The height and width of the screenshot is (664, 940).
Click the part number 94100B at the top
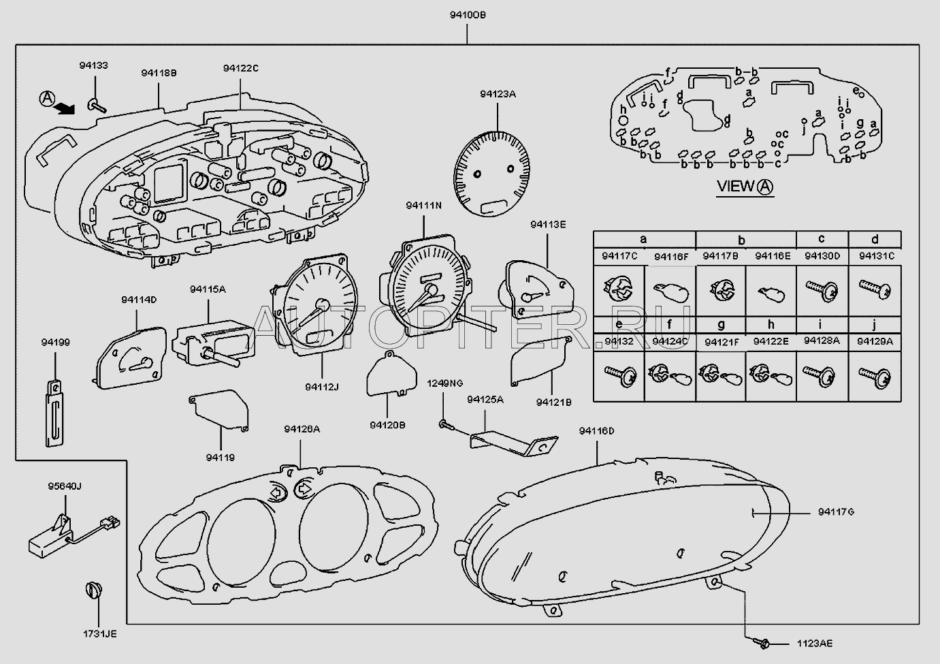coord(467,14)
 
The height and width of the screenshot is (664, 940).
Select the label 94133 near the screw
coord(93,66)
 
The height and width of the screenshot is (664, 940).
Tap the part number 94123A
coord(497,95)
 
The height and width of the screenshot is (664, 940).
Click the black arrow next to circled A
coord(65,108)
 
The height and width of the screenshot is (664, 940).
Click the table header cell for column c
coord(822,239)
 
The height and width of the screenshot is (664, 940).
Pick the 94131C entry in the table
coord(875,256)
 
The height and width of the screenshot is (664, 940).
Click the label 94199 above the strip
coord(56,343)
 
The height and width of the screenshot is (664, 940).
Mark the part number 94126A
coord(302,429)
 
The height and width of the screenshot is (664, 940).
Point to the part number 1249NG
coord(444,383)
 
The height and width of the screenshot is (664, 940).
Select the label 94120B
coord(387,424)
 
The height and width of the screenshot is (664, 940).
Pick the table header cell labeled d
coord(875,239)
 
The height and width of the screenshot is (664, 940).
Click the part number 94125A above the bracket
coord(485,400)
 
